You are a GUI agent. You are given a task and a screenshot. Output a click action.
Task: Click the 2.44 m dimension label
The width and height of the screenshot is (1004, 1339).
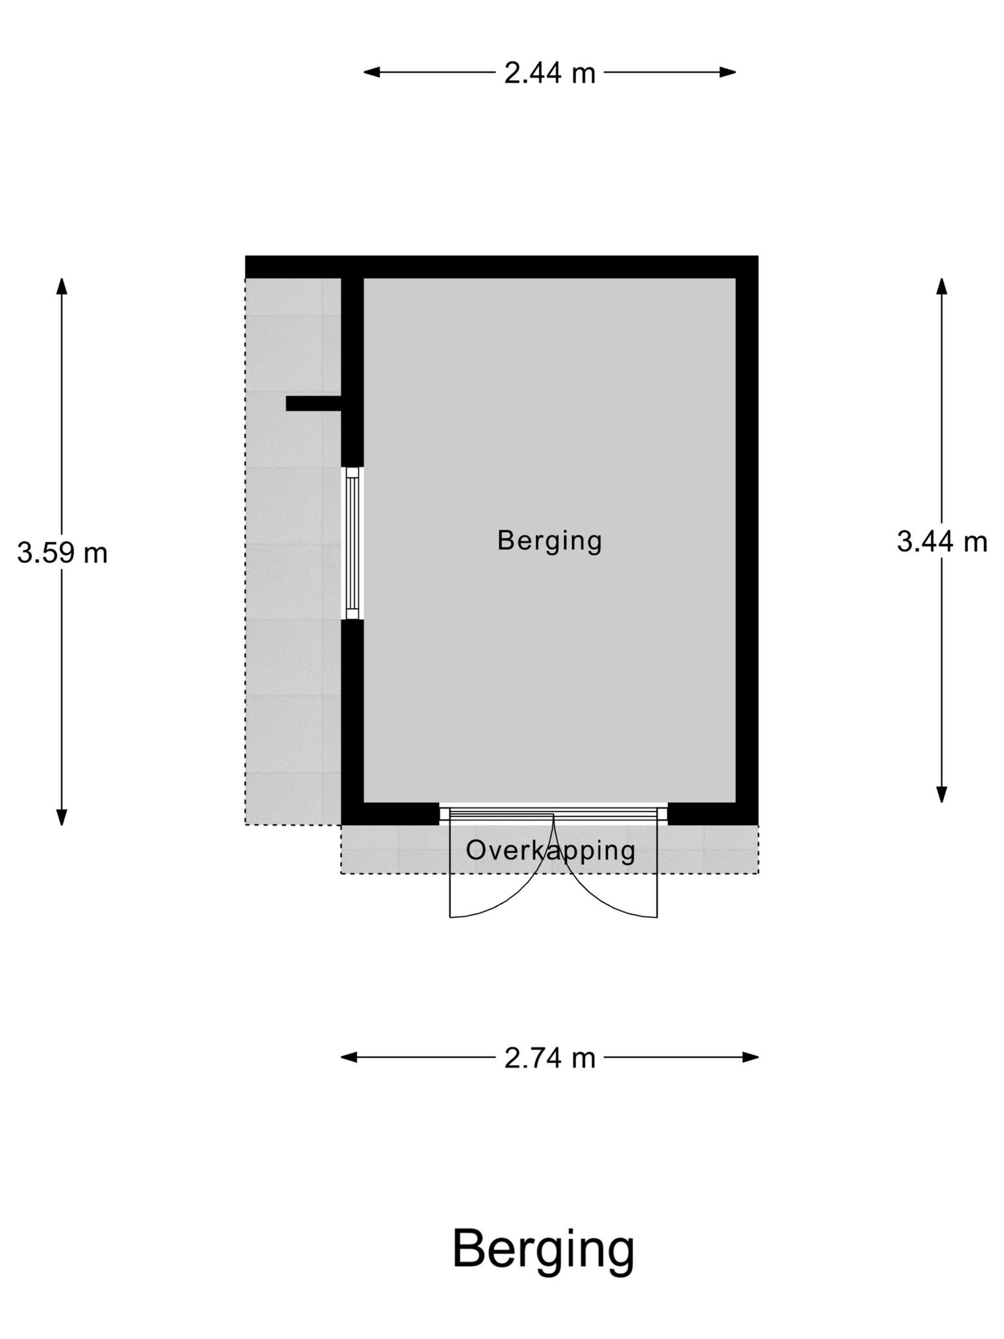click(x=550, y=73)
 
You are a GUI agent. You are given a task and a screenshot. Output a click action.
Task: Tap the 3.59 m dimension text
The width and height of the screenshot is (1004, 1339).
click(x=62, y=553)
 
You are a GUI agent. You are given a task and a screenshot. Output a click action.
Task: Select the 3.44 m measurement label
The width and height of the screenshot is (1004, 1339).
click(x=942, y=541)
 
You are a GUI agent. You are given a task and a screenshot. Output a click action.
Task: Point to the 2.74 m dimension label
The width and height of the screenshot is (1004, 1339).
click(x=550, y=1057)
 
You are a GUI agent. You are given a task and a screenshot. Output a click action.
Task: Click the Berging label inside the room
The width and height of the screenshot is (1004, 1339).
click(x=550, y=541)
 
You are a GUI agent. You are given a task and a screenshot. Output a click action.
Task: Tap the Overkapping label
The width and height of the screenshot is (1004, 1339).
click(x=550, y=851)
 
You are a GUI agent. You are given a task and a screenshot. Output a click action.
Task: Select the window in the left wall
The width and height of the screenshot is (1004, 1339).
click(x=352, y=543)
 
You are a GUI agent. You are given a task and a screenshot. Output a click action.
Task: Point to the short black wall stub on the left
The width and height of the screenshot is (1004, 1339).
click(x=314, y=403)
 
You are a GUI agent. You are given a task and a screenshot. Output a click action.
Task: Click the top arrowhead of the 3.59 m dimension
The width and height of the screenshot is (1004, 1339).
click(x=62, y=286)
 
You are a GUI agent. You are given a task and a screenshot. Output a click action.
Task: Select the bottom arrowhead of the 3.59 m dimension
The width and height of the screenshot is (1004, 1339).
click(x=62, y=817)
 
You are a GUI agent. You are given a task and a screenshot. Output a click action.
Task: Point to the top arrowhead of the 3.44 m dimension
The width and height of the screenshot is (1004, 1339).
click(x=942, y=286)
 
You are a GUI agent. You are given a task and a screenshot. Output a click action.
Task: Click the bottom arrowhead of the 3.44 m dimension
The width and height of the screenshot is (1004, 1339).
click(x=942, y=794)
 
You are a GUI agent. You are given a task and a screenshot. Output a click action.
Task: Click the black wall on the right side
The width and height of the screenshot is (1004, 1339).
click(x=747, y=540)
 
